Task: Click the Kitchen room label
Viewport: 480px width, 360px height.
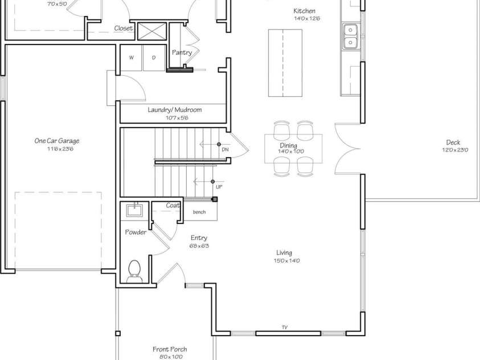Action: coord(304,11)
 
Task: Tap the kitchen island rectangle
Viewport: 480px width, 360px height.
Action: coord(285,64)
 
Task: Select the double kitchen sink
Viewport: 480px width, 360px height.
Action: coord(350,36)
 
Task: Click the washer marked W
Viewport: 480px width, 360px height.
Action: coord(131,58)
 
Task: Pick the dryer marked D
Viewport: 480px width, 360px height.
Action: coord(153,58)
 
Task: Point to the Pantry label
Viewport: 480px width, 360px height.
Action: coord(182,52)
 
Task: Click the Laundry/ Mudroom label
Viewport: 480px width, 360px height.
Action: coord(175,110)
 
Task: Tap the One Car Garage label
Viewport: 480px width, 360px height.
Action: coord(56,141)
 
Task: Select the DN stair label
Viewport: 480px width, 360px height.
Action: coord(225,150)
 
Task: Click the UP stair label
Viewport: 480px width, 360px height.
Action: coord(219,187)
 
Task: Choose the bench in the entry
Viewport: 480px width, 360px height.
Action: coord(199,212)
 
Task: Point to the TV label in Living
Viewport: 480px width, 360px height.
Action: coord(284,328)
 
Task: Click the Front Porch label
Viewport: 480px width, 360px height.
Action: coord(170,349)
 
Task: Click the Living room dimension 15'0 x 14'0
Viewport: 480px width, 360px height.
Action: coord(284,261)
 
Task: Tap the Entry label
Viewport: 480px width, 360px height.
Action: coord(199,238)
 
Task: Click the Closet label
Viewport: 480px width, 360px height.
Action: coord(123,28)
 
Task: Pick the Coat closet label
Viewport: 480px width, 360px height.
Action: coord(173,206)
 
